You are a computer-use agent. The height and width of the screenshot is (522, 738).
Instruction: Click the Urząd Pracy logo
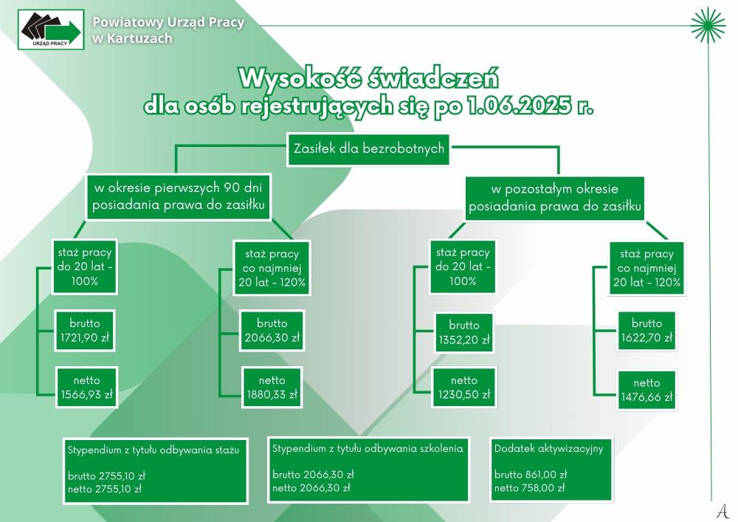pyautogui.click(x=51, y=30)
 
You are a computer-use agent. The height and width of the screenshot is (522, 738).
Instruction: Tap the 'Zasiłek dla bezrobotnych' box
pyautogui.click(x=368, y=148)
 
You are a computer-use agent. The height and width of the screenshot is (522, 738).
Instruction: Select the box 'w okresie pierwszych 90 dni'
pyautogui.click(x=178, y=196)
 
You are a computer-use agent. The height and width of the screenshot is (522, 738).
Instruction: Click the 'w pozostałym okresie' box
pyautogui.click(x=554, y=198)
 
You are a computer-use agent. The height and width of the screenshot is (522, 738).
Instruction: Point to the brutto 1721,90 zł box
pyautogui.click(x=85, y=331)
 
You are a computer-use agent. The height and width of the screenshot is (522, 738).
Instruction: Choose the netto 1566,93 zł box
pyautogui.click(x=86, y=388)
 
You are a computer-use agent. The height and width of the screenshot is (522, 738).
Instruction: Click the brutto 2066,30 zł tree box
pyautogui.click(x=272, y=331)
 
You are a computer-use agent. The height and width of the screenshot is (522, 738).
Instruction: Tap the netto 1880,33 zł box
pyautogui.click(x=272, y=388)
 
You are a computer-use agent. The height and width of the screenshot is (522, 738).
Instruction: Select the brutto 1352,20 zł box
pyautogui.click(x=464, y=332)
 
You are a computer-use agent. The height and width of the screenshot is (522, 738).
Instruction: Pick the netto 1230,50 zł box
pyautogui.click(x=464, y=388)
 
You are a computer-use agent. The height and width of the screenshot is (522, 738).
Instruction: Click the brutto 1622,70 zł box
pyautogui.click(x=646, y=331)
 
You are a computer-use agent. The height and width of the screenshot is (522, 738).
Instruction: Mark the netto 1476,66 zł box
pyautogui.click(x=646, y=390)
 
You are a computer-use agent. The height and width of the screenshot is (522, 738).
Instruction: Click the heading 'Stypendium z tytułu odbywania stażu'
pyautogui.click(x=154, y=450)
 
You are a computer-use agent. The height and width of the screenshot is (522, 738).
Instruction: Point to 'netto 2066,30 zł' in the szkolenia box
pyautogui.click(x=311, y=488)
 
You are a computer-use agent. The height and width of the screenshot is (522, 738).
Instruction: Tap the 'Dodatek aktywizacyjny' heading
pyautogui.click(x=548, y=449)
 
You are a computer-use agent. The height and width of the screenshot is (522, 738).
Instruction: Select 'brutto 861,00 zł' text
pyautogui.click(x=531, y=475)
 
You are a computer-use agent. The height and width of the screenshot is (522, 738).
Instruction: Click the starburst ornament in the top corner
pyautogui.click(x=708, y=25)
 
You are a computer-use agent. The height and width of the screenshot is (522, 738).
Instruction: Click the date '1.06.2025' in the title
pyautogui.click(x=519, y=106)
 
